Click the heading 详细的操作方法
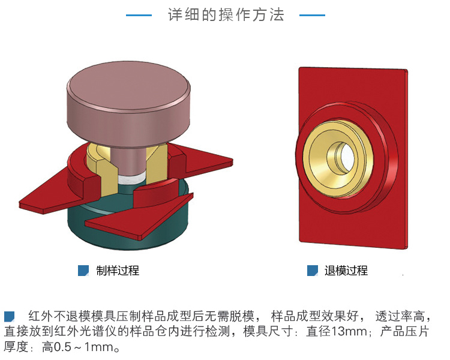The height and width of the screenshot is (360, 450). pyautogui.click(x=226, y=15)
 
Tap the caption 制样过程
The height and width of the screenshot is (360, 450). pyautogui.click(x=118, y=271)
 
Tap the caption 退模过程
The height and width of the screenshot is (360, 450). pyautogui.click(x=346, y=271)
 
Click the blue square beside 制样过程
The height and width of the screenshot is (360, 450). pyautogui.click(x=83, y=271)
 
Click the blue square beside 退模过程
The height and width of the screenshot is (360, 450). pyautogui.click(x=313, y=271)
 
